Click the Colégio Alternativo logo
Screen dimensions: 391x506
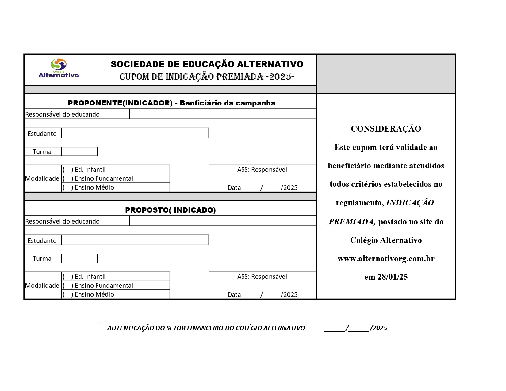click(59, 68)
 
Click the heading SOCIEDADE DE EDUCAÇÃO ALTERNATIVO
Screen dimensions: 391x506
click(207, 64)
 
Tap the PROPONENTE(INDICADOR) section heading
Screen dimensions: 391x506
click(171, 103)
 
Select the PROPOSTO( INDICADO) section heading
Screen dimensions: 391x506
click(170, 210)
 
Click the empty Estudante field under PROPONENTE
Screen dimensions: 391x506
click(135, 133)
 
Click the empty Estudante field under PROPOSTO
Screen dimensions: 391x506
click(135, 240)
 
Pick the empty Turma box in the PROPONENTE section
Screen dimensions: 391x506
click(79, 151)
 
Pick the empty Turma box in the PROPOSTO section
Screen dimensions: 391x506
click(79, 259)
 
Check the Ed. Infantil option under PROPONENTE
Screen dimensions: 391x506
click(68, 170)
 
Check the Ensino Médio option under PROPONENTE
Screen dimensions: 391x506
click(68, 187)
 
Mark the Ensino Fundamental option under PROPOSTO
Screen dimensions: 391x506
click(68, 286)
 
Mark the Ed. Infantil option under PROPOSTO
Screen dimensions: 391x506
click(68, 277)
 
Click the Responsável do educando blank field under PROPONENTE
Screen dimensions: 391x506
click(223, 114)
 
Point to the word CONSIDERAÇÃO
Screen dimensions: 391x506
click(386, 129)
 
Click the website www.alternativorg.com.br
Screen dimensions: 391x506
click(386, 259)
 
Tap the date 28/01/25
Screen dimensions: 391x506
click(393, 277)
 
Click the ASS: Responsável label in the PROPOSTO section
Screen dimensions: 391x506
click(262, 277)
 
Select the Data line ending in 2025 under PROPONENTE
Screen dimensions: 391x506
click(262, 188)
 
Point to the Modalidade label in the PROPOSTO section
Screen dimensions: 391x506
click(42, 286)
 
